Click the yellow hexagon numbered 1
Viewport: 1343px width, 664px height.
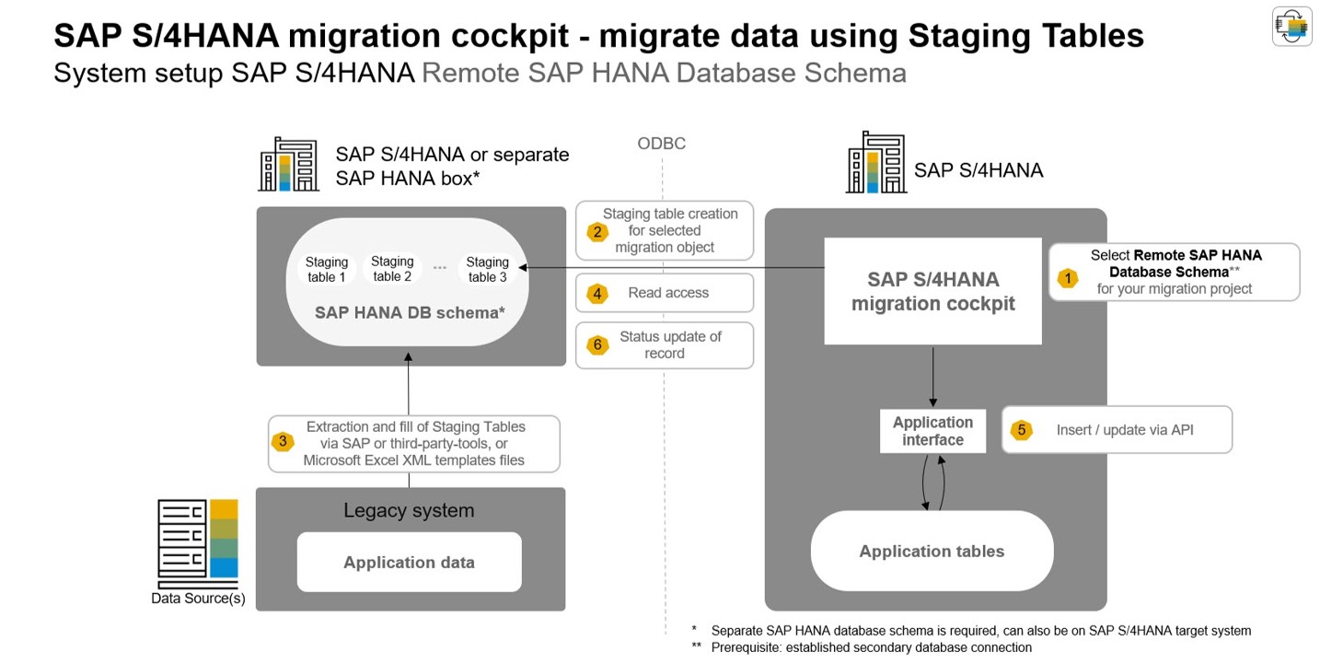[x=1067, y=277]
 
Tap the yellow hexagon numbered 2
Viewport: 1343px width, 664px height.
[x=597, y=231]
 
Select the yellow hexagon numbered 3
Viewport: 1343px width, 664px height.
[x=283, y=441]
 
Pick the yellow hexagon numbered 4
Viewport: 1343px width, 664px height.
[x=597, y=294]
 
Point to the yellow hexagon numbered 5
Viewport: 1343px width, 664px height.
[x=1020, y=430]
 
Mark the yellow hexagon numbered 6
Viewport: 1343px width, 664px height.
[x=597, y=345]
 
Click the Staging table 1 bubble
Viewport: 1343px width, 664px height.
[x=327, y=269]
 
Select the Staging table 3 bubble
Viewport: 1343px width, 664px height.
[x=487, y=269]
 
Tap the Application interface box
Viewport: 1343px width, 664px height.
[x=932, y=431]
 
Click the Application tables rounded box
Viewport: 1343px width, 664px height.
[x=932, y=551]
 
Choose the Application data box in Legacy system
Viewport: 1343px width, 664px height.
[x=409, y=562]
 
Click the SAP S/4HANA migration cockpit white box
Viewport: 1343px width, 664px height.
[x=932, y=291]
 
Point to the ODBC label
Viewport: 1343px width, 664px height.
[x=661, y=144]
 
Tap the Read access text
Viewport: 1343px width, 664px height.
[x=668, y=293]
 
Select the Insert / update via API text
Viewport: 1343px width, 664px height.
[x=1125, y=430]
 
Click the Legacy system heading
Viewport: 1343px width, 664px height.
[x=409, y=510]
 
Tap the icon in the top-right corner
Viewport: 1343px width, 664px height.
[x=1291, y=26]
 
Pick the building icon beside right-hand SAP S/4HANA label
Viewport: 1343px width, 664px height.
[x=875, y=163]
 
